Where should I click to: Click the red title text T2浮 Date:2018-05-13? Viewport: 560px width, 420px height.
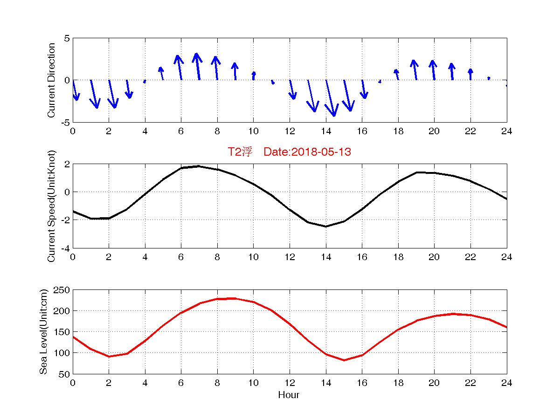point(289,152)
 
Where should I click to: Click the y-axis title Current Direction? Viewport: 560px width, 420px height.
point(51,80)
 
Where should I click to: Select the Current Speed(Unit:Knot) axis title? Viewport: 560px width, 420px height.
point(51,206)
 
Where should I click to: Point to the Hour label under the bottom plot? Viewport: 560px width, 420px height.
point(289,395)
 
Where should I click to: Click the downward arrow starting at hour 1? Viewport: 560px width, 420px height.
point(94,94)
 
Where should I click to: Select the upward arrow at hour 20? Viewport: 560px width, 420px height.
point(433,70)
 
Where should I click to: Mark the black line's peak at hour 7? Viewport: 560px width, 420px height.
point(199,166)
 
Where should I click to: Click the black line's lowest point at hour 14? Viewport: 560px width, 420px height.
point(326,227)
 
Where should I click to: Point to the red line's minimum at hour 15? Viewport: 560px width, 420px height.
point(344,360)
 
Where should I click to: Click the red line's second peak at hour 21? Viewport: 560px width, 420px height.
point(453,314)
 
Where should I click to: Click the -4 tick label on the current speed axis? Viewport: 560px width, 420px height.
point(65,248)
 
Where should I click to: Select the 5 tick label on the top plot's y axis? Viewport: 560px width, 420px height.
point(67,38)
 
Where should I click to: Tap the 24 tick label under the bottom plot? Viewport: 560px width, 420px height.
point(506,383)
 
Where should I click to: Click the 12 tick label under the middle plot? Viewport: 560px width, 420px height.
point(290,257)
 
